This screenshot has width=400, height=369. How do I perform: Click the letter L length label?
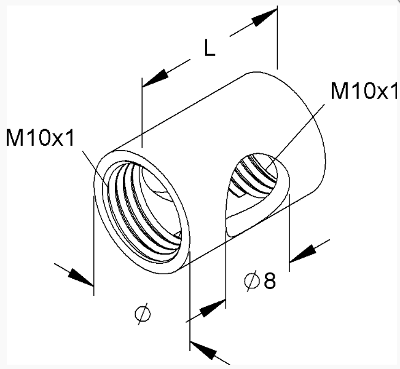210,48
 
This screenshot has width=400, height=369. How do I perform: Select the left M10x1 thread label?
40,138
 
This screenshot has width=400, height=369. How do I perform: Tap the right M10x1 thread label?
364,90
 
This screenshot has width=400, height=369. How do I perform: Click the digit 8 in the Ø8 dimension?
270,280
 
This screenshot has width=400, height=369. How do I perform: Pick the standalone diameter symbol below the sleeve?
143,314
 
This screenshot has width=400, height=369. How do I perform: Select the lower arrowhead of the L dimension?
155,78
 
